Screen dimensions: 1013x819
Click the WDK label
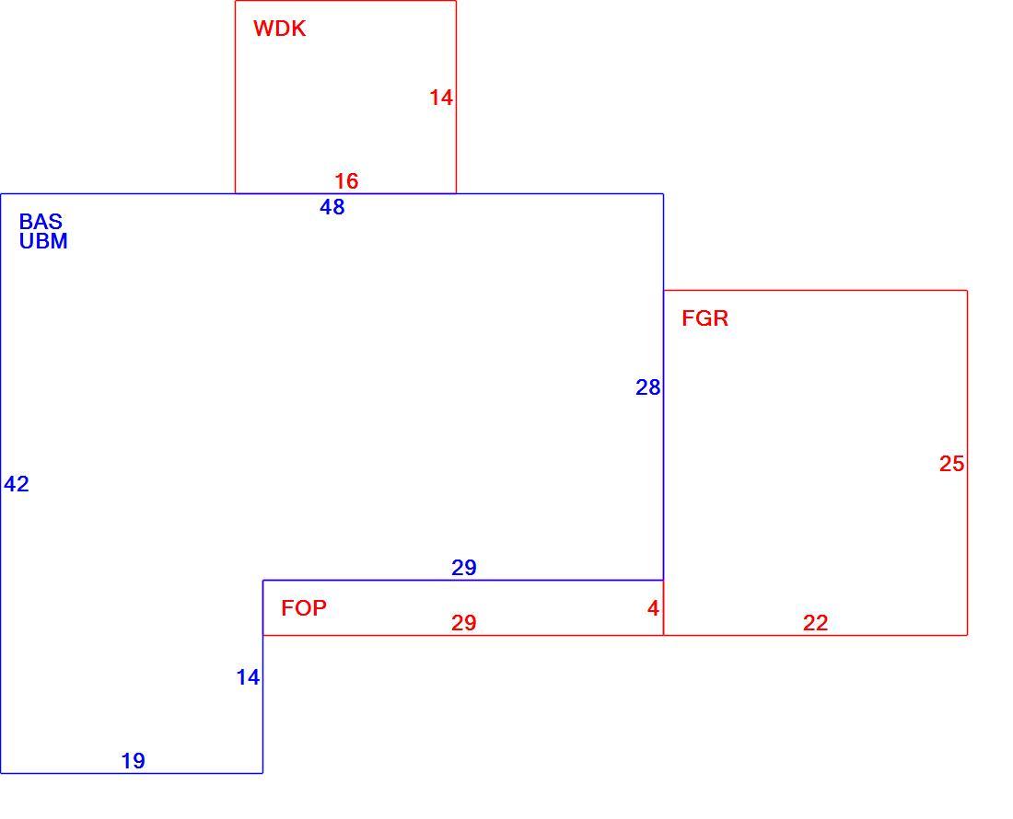(279, 29)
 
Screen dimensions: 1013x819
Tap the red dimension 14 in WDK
(441, 98)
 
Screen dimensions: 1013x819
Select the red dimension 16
(346, 180)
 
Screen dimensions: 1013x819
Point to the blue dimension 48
(332, 206)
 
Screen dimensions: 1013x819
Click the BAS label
(41, 222)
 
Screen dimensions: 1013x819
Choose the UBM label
(43, 241)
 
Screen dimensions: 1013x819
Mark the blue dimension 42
(17, 483)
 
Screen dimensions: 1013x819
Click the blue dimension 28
(648, 387)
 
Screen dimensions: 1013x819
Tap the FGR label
(704, 318)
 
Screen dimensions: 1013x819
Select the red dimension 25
(951, 464)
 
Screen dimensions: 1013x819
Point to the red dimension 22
(815, 623)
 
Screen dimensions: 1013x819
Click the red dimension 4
(653, 608)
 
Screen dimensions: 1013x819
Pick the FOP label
(304, 608)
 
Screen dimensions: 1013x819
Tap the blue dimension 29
(464, 567)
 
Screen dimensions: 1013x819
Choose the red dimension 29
(464, 623)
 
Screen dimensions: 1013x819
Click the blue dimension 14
(248, 677)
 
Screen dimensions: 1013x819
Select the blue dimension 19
(134, 761)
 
